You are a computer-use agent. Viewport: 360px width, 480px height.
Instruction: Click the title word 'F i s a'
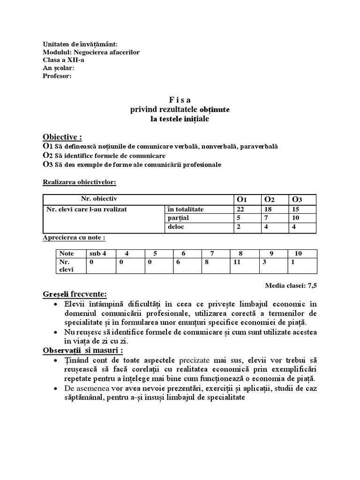point(180,100)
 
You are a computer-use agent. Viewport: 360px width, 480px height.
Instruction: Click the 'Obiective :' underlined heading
point(62,137)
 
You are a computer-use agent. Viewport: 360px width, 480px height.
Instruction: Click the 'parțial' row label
point(176,218)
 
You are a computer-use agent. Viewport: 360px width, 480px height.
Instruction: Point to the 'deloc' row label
point(175,227)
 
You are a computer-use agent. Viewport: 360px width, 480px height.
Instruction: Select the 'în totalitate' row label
point(185,209)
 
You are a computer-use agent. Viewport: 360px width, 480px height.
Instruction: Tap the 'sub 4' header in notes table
point(98,253)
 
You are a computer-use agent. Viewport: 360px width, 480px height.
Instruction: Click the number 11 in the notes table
point(237,262)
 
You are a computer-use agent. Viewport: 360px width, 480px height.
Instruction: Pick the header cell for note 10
point(298,253)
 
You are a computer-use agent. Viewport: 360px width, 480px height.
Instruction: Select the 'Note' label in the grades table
point(67,253)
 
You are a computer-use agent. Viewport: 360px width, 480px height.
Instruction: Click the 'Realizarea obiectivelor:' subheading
point(80,181)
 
